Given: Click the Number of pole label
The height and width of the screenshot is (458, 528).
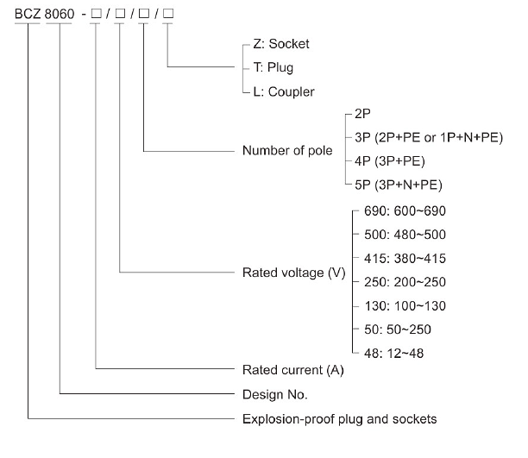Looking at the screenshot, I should point(287,152).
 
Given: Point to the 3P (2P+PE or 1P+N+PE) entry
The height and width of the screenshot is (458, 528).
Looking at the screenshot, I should point(428,138).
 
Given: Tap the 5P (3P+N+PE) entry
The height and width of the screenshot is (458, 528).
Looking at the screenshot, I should point(399,184).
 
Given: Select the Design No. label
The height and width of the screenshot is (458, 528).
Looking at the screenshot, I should point(273,393).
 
